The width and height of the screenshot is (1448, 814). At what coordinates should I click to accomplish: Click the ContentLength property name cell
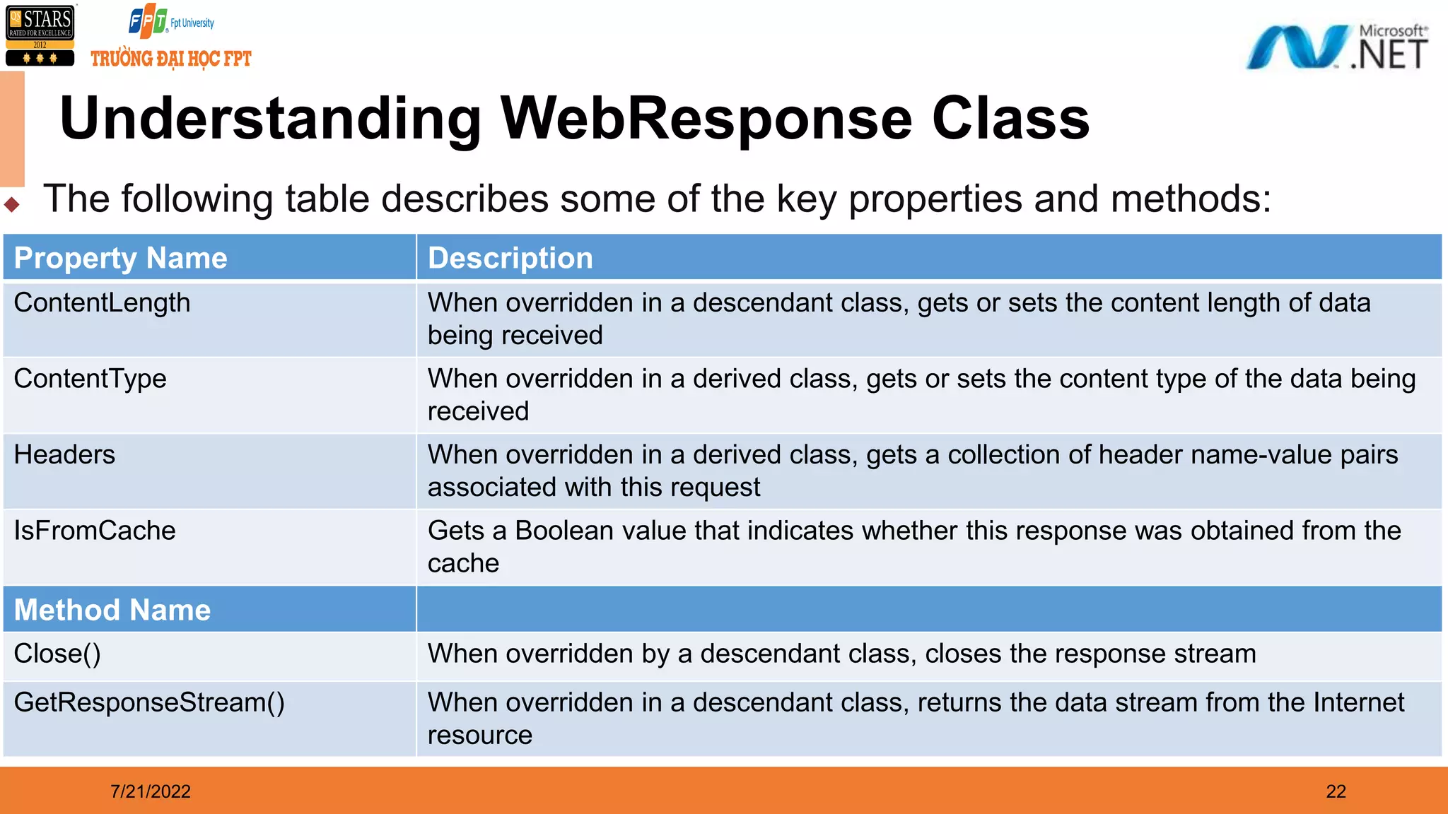point(102,303)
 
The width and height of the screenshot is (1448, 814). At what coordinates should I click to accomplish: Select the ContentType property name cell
point(90,379)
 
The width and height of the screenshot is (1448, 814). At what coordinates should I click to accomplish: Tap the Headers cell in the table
point(64,455)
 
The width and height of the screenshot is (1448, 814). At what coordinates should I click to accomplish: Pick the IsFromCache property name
point(95,531)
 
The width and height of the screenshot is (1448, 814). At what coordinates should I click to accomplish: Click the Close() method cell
point(57,654)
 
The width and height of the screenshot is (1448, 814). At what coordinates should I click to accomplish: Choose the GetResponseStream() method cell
point(149,702)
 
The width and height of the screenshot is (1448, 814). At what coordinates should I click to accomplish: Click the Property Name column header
point(120,258)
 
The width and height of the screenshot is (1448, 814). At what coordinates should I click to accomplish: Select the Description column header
point(510,258)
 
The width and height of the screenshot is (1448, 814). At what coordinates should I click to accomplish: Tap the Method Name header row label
point(112,610)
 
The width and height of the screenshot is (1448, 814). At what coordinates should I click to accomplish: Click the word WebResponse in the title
point(706,119)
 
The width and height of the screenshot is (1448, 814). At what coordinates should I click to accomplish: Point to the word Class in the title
point(1010,119)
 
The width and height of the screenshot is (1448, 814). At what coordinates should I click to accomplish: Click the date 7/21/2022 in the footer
point(150,791)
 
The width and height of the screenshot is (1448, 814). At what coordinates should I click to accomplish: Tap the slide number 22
point(1336,791)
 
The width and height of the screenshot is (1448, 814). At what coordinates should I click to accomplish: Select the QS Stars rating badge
point(40,35)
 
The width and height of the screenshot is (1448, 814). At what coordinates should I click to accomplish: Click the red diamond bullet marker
point(12,205)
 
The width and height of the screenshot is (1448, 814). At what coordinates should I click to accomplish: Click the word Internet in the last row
point(1358,702)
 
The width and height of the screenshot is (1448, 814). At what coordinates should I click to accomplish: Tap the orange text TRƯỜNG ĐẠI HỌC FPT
point(170,59)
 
